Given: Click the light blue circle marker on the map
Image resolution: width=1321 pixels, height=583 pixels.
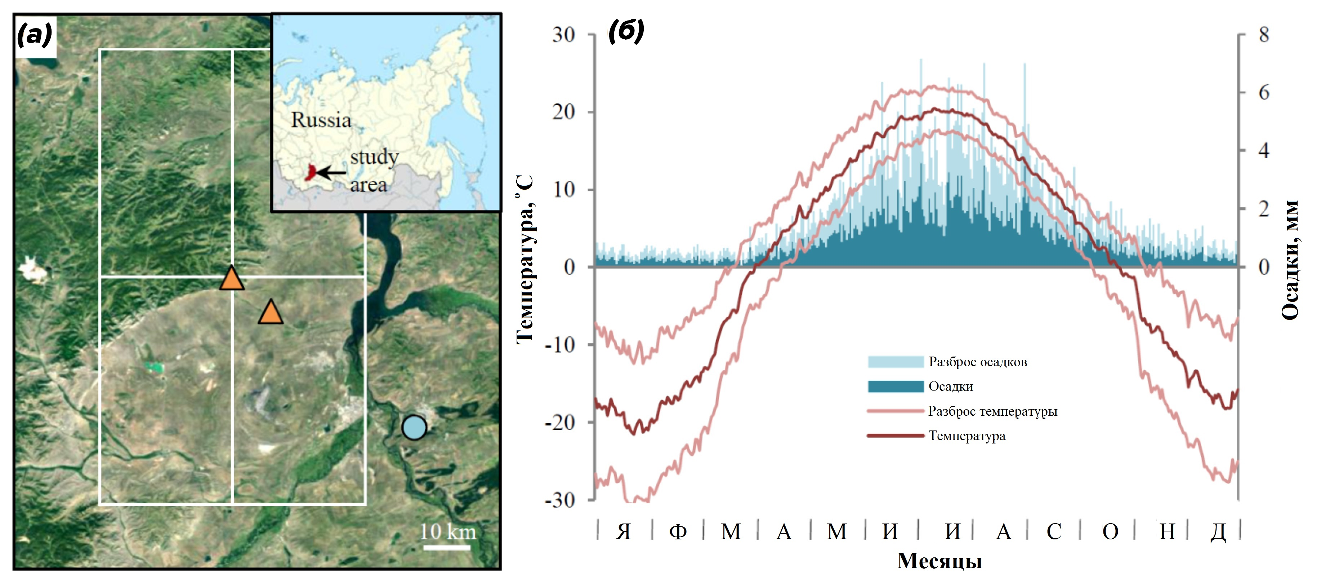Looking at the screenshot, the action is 414,428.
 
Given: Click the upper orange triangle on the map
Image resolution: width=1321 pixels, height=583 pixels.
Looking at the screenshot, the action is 232,279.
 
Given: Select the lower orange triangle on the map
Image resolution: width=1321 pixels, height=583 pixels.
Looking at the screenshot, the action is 271,312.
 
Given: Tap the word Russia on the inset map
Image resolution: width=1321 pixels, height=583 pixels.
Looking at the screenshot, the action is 321,120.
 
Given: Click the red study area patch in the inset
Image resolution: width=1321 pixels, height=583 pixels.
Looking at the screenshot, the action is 310,172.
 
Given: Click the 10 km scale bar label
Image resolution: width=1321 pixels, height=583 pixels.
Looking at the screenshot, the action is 448,532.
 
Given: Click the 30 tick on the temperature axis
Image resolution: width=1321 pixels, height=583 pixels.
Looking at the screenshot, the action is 563,35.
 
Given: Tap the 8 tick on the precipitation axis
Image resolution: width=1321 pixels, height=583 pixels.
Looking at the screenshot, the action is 1264,35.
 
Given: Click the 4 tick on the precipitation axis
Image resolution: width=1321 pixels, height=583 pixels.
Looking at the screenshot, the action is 1264,151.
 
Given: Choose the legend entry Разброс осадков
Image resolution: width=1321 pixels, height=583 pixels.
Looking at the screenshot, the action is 948,362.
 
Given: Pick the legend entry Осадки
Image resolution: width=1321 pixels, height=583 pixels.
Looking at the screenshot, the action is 920,387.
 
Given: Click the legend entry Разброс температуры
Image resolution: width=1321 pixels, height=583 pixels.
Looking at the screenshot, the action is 962,411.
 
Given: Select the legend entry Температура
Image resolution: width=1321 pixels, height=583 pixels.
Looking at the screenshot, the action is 936,436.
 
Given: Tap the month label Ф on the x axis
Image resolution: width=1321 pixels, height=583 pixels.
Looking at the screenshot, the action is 678,532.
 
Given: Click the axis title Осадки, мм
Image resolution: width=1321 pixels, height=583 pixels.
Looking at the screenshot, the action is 1290,260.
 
